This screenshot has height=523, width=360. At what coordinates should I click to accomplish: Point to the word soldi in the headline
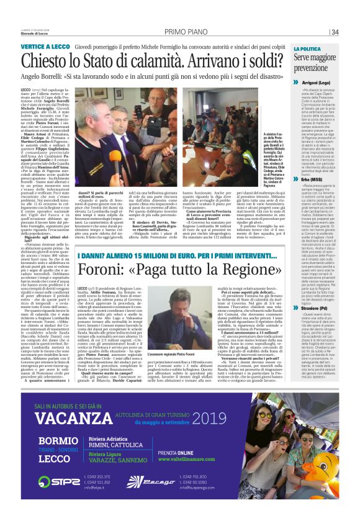click(x=260, y=61)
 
